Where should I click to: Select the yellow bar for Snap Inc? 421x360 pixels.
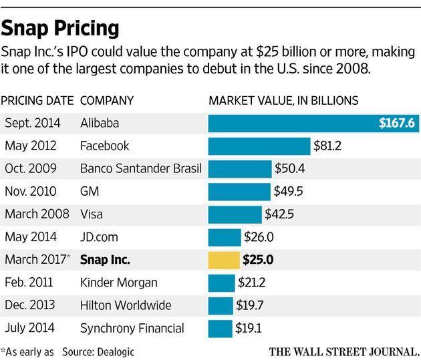224,260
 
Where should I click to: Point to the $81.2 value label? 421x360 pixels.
329,146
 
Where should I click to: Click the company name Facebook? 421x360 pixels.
104,146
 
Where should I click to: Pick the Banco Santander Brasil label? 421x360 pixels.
140,168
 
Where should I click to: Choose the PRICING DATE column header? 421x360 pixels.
37,101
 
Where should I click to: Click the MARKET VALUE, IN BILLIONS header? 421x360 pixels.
284,101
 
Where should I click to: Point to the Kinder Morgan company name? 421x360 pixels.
118,283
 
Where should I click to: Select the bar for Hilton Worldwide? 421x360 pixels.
221,305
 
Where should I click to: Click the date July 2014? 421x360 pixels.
31,328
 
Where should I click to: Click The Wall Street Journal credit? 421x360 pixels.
345,350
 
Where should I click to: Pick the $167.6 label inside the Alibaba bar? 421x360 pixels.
395,123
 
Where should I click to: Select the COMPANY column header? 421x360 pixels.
107,101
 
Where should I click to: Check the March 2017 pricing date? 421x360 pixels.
37,260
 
